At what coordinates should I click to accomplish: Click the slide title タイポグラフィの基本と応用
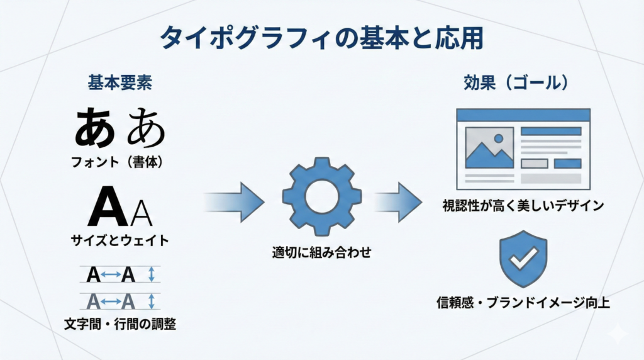pyautogui.click(x=321, y=38)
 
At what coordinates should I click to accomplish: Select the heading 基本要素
pyautogui.click(x=119, y=83)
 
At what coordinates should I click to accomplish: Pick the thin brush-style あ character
pyautogui.click(x=145, y=128)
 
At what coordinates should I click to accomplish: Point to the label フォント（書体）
pyautogui.click(x=119, y=162)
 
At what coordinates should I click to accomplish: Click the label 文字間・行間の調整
pyautogui.click(x=119, y=325)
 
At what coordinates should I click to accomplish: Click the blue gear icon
pyautogui.click(x=321, y=195)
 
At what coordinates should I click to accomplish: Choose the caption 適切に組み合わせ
pyautogui.click(x=321, y=254)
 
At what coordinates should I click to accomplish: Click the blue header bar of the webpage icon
pyautogui.click(x=523, y=115)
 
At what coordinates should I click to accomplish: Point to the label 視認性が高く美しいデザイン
pyautogui.click(x=523, y=205)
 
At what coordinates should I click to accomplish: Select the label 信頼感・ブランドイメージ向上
pyautogui.click(x=523, y=303)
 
